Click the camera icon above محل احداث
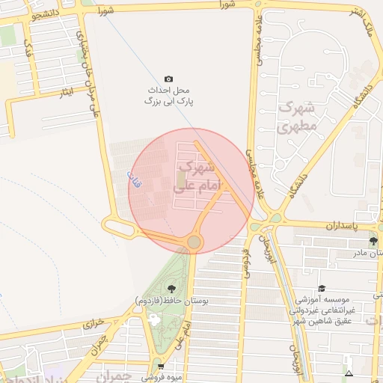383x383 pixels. pos(168,79)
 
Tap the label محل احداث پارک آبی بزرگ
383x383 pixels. pos(169,95)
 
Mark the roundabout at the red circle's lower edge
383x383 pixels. pos(194,242)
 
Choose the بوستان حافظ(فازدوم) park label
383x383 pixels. pos(171,300)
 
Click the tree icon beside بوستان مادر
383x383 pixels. pos(373,241)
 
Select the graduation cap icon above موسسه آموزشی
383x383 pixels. pos(322,289)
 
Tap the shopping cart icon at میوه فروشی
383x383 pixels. pos(159,367)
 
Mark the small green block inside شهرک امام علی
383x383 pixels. pos(182,180)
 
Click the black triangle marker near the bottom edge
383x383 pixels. pos(349,373)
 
